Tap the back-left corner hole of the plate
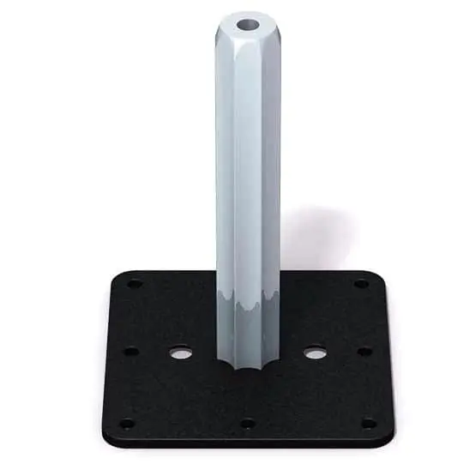pyautogui.click(x=135, y=283)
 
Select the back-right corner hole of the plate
pyautogui.click(x=361, y=283)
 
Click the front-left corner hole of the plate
pyautogui.click(x=126, y=423)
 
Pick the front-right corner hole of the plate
pyautogui.click(x=369, y=422)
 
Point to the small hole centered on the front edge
pyautogui.click(x=248, y=423)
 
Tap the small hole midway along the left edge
pyautogui.click(x=130, y=350)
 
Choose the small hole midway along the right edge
pyautogui.click(x=365, y=350)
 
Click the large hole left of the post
pyautogui.click(x=180, y=352)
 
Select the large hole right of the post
pyautogui.click(x=315, y=352)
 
